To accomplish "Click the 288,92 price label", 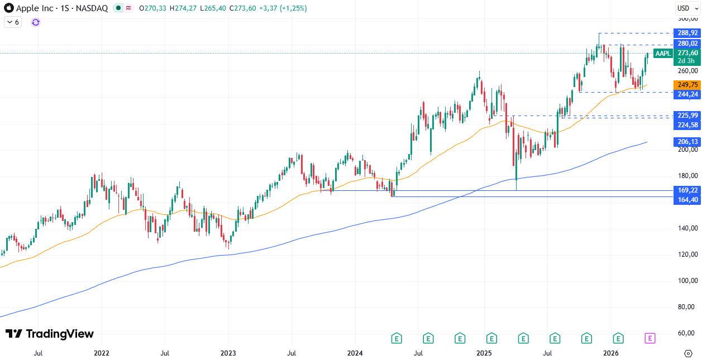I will tap(687, 33).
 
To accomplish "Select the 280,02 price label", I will tap(687, 44).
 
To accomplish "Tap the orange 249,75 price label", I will tap(687, 85).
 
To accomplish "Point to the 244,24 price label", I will tap(687, 94).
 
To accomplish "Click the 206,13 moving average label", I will tap(687, 142).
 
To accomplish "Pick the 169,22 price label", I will tap(687, 190).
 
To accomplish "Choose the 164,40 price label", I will tap(687, 200).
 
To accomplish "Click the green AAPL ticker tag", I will tap(663, 54).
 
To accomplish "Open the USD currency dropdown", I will tap(684, 8).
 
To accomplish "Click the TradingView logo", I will tap(50, 334).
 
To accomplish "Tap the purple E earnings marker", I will tap(650, 338).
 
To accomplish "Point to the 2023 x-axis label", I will tap(228, 353).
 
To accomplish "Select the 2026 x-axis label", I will tap(612, 353).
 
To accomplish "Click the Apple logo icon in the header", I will tap(8, 8).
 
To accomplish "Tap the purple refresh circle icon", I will tap(36, 22).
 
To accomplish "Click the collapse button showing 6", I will tap(13, 22).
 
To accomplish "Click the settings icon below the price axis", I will tap(688, 353).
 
